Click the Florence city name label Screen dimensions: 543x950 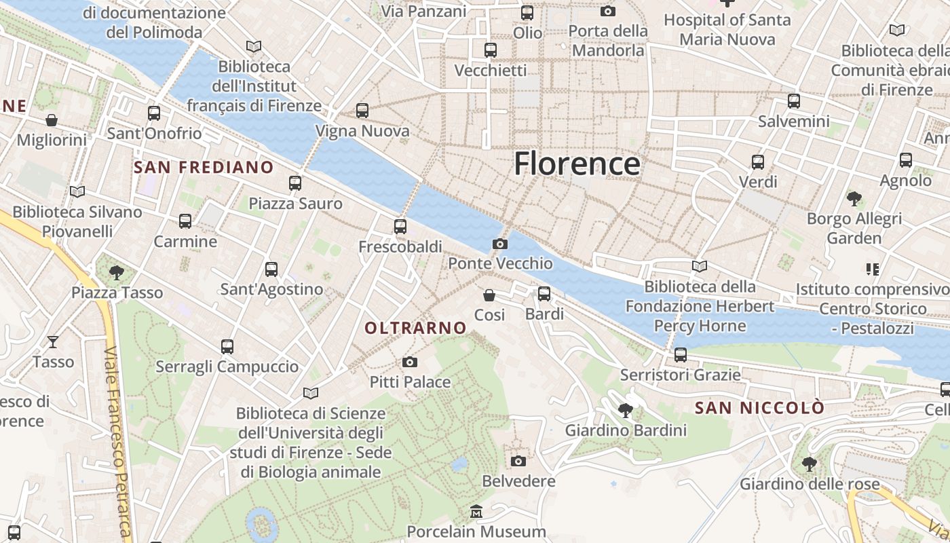(x=577, y=164)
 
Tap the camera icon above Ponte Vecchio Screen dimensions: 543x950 (x=500, y=244)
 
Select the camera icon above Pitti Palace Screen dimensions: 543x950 (x=409, y=362)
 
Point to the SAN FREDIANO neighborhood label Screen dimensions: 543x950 (x=204, y=168)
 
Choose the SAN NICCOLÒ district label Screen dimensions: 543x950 (x=759, y=408)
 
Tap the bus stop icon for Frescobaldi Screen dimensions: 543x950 (x=400, y=227)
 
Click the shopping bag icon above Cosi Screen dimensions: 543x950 (x=489, y=295)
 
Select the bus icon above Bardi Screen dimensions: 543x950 (x=544, y=294)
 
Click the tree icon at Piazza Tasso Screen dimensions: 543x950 (x=117, y=273)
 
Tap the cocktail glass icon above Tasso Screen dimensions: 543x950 (x=53, y=341)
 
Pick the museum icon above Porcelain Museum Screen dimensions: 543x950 (x=476, y=512)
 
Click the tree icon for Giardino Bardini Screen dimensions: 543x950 (x=625, y=410)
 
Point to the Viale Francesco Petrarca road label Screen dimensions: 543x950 (x=118, y=441)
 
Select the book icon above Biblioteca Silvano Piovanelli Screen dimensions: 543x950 (x=77, y=192)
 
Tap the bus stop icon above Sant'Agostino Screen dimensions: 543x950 (x=271, y=269)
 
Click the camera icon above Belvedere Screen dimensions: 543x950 (x=518, y=462)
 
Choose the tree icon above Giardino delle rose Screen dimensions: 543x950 (x=809, y=464)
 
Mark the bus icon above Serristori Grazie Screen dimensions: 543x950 (x=680, y=355)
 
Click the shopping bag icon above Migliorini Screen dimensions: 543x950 (x=52, y=121)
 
